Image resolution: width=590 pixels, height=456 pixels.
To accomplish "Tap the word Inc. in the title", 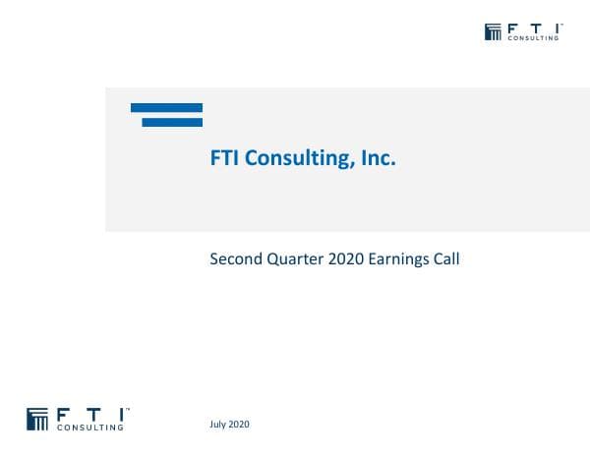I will (378, 158).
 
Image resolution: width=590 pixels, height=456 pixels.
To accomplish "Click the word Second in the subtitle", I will (234, 260).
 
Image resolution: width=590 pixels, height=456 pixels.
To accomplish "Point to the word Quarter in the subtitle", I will (289, 260).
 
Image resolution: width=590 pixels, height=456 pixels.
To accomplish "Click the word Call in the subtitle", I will (446, 260).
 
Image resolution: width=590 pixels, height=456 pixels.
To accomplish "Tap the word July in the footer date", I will (219, 424).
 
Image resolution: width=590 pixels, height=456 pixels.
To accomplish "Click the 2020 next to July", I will (240, 424).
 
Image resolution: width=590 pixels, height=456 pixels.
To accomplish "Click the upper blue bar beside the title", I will (166, 108).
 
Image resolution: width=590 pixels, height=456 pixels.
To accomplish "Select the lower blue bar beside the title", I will (172, 122).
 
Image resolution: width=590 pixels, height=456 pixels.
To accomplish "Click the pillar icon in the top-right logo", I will (494, 31).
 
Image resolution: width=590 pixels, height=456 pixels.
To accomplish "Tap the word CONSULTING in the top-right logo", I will (533, 38).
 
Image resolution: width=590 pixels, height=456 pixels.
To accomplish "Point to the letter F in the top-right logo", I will (512, 28).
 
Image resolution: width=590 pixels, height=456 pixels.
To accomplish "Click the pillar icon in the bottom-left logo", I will (37, 419).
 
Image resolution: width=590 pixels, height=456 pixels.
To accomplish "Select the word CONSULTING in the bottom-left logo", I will (91, 427).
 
